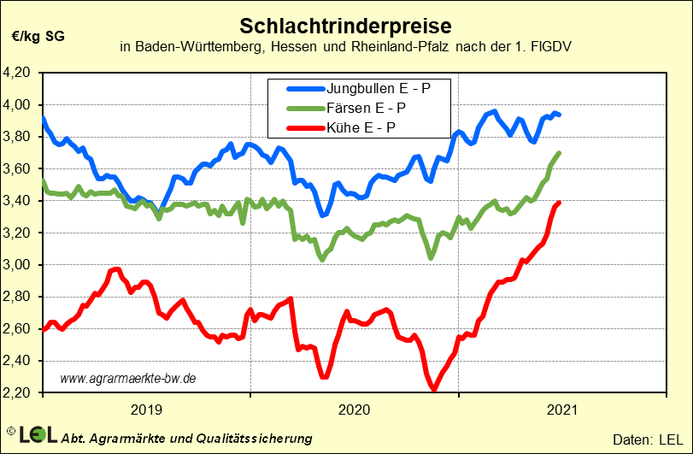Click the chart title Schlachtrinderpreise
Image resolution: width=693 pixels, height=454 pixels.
click(x=345, y=22)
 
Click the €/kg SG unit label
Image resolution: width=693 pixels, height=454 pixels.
click(x=38, y=36)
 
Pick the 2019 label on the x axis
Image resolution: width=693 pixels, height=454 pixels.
click(x=146, y=410)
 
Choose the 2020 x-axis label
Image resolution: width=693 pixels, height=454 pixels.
click(x=355, y=410)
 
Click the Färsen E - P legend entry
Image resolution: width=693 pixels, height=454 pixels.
click(x=365, y=108)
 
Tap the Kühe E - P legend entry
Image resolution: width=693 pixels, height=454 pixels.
click(x=360, y=128)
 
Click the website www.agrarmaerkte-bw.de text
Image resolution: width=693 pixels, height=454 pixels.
click(x=129, y=377)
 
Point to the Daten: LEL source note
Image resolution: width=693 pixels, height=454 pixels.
click(x=648, y=438)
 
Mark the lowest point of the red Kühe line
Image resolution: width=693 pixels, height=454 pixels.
click(x=434, y=389)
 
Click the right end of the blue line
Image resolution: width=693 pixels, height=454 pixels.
click(x=559, y=115)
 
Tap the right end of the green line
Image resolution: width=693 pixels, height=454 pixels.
click(x=559, y=153)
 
